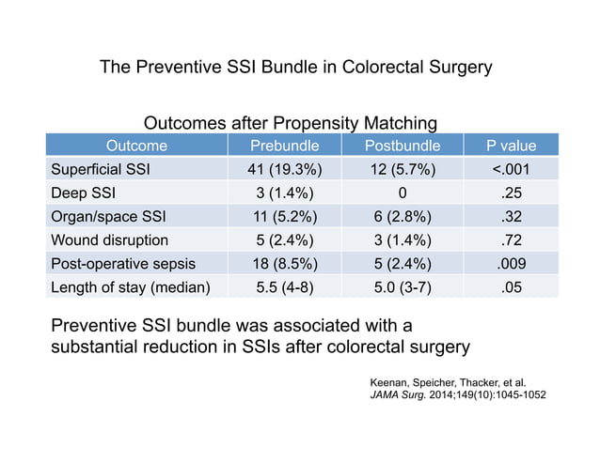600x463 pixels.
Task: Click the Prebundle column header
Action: click(x=285, y=146)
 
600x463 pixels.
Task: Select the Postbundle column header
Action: click(x=403, y=146)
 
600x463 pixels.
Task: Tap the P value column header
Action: click(x=511, y=146)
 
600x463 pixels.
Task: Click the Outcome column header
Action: click(x=136, y=146)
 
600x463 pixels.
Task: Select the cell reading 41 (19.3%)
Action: click(x=285, y=170)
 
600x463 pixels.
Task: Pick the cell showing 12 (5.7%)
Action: click(x=403, y=170)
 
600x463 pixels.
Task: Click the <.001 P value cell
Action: click(x=511, y=170)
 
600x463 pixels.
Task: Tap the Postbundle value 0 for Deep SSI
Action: click(x=403, y=193)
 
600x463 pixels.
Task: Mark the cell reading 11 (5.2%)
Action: click(x=285, y=216)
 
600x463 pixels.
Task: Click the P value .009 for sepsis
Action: click(x=511, y=263)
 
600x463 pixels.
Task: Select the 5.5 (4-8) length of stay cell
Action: click(x=285, y=286)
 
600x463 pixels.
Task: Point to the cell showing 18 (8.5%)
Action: click(x=285, y=263)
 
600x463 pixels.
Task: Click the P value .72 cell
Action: click(x=511, y=239)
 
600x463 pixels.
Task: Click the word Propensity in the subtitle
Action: click(x=317, y=123)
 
